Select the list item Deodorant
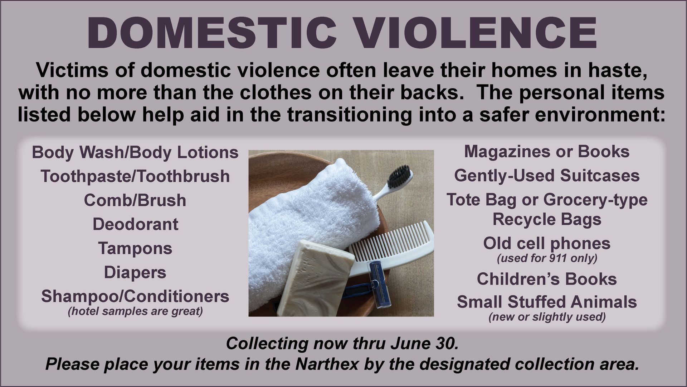click(x=135, y=224)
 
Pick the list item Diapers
click(x=135, y=273)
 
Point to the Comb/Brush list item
click(x=135, y=200)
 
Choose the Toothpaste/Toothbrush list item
click(x=135, y=176)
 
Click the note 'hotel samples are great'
click(x=135, y=311)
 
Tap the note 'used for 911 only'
click(x=547, y=258)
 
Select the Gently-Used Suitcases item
click(x=547, y=176)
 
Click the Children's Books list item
click(x=547, y=279)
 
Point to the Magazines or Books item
click(x=547, y=152)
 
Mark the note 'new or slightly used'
click(x=547, y=317)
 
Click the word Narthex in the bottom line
click(x=327, y=364)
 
